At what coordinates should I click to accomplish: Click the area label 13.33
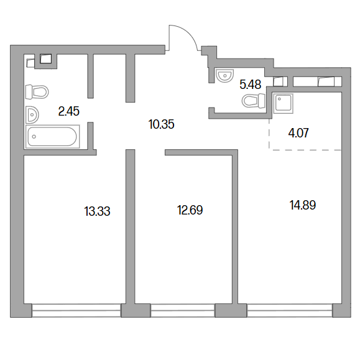click(x=98, y=211)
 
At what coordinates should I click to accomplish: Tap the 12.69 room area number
click(x=190, y=210)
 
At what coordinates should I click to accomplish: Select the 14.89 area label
click(x=303, y=205)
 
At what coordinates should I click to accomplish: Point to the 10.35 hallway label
click(x=162, y=124)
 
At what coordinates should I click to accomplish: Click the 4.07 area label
click(x=298, y=133)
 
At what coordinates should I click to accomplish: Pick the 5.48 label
click(x=251, y=85)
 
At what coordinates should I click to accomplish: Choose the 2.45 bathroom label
click(x=69, y=111)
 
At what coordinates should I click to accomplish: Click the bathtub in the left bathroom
click(x=53, y=137)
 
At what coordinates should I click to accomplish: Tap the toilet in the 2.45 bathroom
click(x=37, y=92)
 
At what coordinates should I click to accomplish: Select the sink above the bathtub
click(x=32, y=114)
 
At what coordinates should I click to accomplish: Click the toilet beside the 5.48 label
click(x=254, y=101)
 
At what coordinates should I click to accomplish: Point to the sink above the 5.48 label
click(x=225, y=75)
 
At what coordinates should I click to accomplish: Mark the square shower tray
click(x=284, y=104)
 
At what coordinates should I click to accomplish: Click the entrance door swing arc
click(x=188, y=34)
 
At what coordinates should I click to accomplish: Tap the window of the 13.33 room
click(x=76, y=310)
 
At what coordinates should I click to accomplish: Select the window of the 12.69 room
click(x=183, y=310)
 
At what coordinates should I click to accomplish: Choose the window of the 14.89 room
click(x=290, y=310)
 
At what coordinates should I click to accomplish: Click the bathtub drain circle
click(x=34, y=137)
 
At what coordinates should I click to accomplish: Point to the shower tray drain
click(x=279, y=99)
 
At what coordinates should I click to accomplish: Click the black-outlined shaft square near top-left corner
click(x=45, y=59)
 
